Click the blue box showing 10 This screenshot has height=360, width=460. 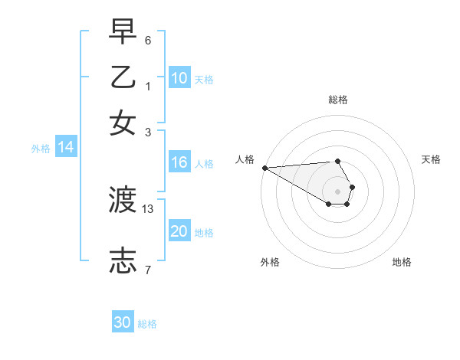click(179, 78)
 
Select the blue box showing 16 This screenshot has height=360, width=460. click(179, 162)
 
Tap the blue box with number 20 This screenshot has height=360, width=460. click(179, 231)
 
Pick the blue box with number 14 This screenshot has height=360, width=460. click(65, 148)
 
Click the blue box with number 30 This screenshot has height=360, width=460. click(123, 322)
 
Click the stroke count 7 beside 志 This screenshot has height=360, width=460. click(148, 269)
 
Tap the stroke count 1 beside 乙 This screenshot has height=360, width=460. click(148, 86)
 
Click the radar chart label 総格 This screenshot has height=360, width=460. click(338, 100)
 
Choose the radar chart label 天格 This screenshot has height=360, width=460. click(432, 159)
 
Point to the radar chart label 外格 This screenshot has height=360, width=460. click(270, 262)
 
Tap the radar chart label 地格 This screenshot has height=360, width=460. click(402, 262)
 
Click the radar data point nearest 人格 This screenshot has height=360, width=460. click(264, 168)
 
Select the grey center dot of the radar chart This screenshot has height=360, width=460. click(338, 191)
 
